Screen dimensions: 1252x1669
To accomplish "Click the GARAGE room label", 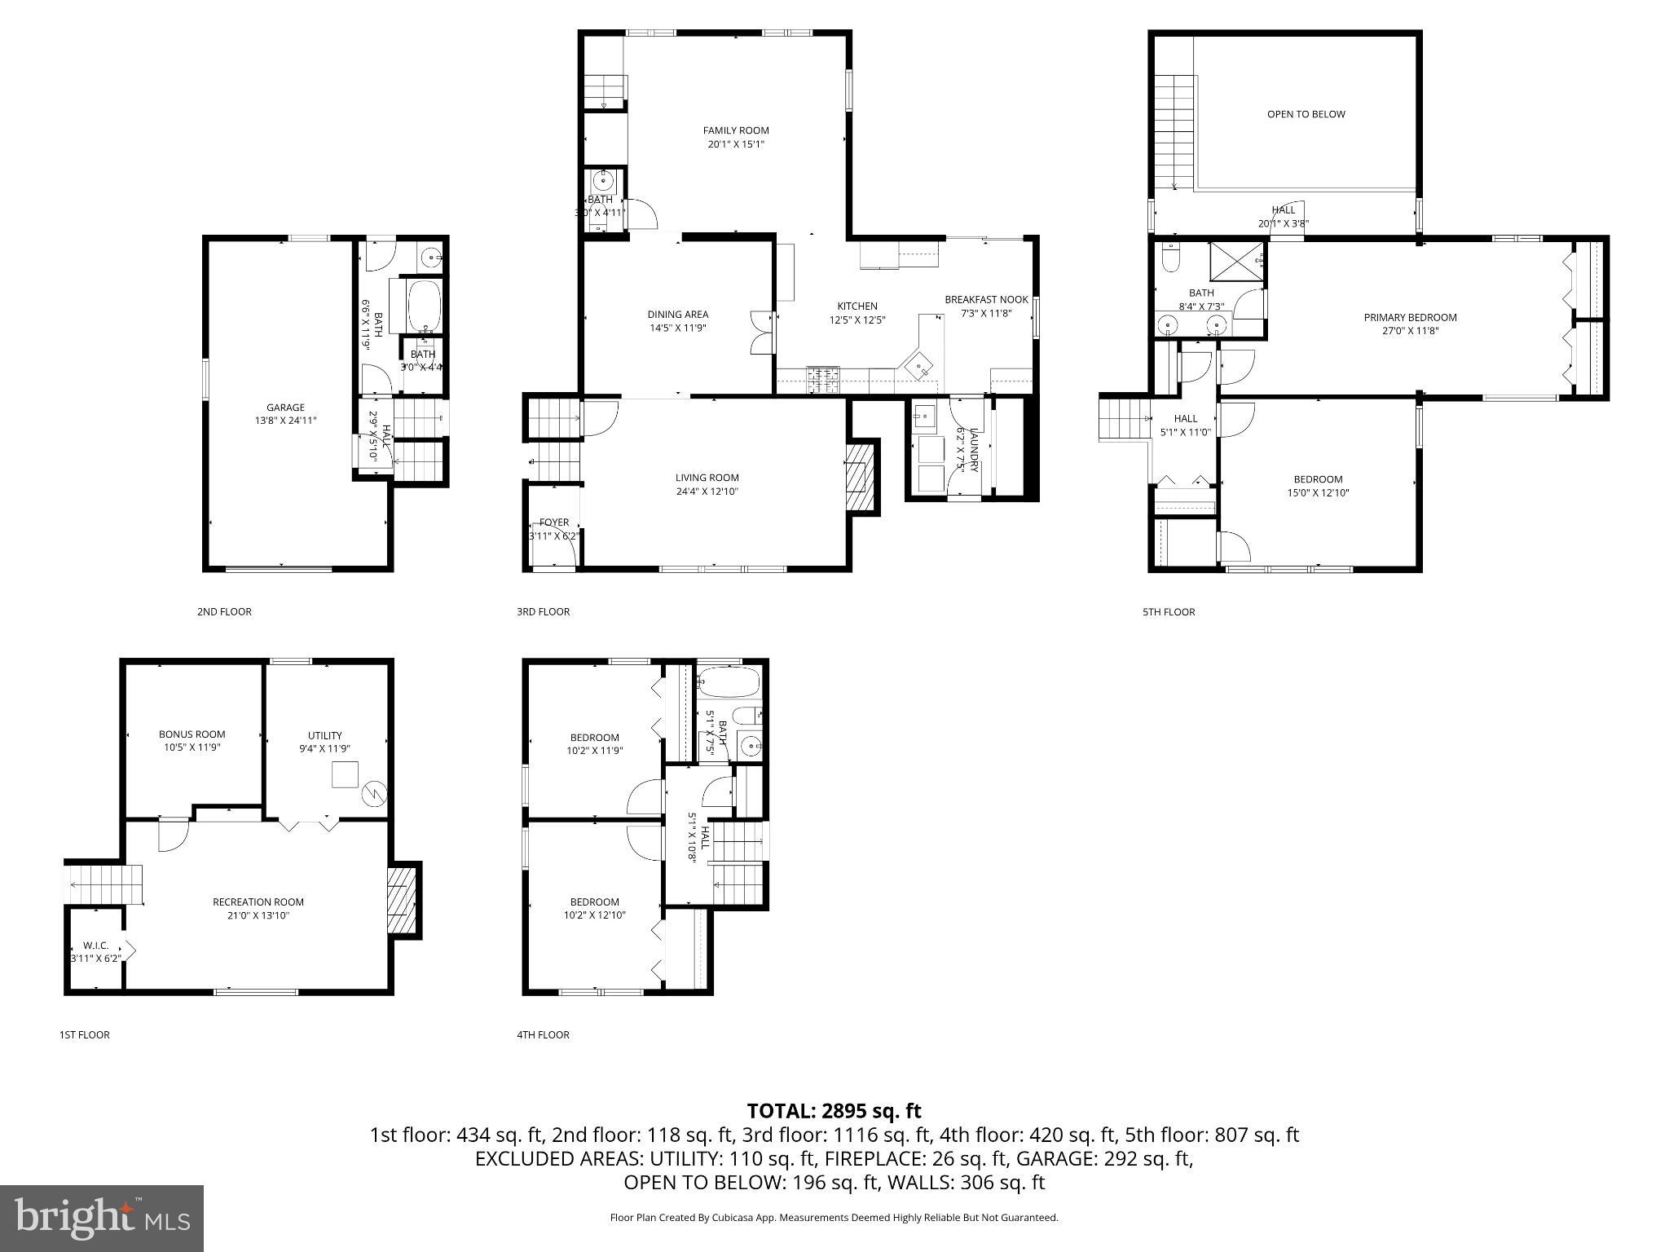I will click(285, 408).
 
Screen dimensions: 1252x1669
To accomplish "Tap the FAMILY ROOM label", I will click(736, 130).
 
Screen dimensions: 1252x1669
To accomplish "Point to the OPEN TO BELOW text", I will click(1306, 114).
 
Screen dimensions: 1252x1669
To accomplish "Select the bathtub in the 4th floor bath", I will click(729, 681).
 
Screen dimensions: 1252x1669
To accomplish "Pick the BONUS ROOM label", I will click(192, 734).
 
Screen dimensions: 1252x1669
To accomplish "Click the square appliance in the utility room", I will click(346, 774).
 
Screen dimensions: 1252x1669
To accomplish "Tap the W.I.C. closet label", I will click(95, 946).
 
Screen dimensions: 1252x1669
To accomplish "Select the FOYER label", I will click(554, 522).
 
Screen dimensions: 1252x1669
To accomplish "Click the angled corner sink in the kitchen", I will click(919, 367).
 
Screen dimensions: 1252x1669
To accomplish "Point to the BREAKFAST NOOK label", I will click(986, 300).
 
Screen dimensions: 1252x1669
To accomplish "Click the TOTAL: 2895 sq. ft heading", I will click(834, 1111).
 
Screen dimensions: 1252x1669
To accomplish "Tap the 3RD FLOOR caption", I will click(543, 611).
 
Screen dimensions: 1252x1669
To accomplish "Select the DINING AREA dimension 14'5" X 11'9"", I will click(677, 328).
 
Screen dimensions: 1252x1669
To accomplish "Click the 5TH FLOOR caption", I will click(1168, 611).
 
